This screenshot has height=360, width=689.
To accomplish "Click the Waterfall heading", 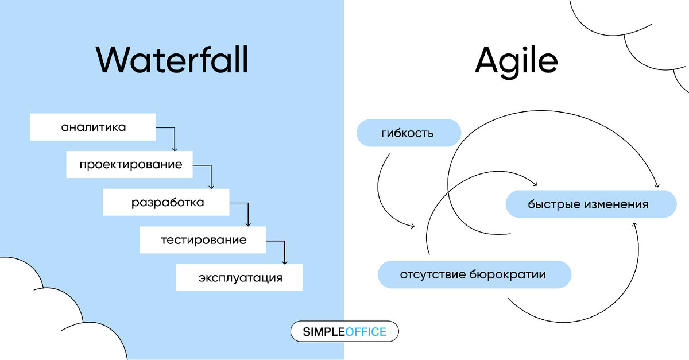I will point(172,59).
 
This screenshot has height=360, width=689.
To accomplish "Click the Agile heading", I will point(516,59).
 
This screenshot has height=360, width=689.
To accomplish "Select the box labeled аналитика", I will point(93,127).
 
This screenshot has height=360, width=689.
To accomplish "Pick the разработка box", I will point(167,202).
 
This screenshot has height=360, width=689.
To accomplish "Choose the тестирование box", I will point(203,240).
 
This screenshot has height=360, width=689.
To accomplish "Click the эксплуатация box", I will point(239,278).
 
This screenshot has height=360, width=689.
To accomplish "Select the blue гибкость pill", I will point(409,133).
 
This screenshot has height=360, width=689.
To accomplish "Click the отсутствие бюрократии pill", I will point(474,275).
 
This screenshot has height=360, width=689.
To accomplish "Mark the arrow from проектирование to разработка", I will point(211,175).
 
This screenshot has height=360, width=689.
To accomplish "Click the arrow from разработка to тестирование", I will point(247,212).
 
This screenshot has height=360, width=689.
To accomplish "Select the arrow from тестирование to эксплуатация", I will point(284,250).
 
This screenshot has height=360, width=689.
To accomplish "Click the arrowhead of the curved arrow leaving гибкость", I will point(412,226).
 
